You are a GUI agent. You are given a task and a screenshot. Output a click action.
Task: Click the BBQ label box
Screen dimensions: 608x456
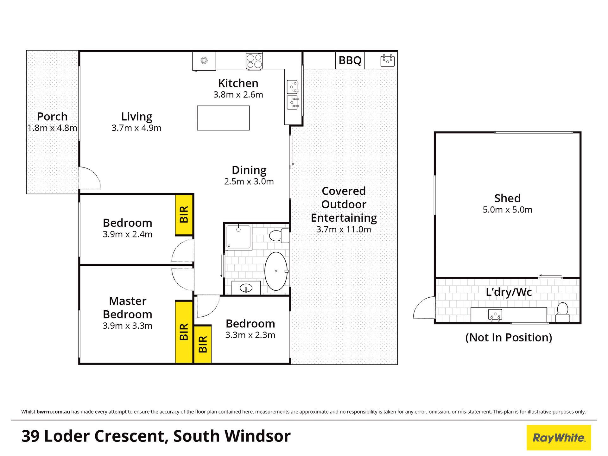[x=350, y=60]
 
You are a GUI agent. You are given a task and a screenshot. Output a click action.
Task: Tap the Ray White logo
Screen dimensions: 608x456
[x=559, y=438]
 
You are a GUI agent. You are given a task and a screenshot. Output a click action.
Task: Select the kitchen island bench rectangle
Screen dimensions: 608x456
[x=223, y=118]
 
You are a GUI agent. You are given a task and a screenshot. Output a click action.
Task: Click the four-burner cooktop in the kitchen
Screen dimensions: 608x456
[x=254, y=61]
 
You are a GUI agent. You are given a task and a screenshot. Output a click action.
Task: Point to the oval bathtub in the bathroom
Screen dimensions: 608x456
[x=276, y=271]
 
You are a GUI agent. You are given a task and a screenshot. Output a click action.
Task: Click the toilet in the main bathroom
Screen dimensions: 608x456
[x=279, y=236]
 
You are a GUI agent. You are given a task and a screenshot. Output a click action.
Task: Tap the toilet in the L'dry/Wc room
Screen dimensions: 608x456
[x=563, y=313]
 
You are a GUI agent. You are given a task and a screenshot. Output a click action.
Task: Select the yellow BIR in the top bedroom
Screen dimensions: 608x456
[x=184, y=214]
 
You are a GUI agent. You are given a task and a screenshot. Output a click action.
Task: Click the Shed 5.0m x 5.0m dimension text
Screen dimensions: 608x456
[x=507, y=210]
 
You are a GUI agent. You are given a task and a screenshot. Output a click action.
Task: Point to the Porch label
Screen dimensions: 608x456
[x=52, y=117]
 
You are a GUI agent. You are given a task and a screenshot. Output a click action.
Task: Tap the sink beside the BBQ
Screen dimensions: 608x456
[x=388, y=60]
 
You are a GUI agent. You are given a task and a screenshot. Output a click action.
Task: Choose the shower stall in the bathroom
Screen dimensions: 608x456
[x=239, y=237]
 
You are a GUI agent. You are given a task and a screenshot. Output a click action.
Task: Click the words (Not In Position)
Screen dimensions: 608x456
[x=509, y=338]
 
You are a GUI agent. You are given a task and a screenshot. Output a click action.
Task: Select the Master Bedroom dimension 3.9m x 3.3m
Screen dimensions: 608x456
[x=127, y=326]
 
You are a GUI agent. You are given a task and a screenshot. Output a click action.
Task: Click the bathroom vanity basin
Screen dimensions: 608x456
[x=246, y=288]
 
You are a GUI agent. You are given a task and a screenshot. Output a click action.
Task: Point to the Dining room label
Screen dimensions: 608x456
[x=249, y=170]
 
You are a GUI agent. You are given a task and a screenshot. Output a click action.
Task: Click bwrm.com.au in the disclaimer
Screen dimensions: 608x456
[x=53, y=412]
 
